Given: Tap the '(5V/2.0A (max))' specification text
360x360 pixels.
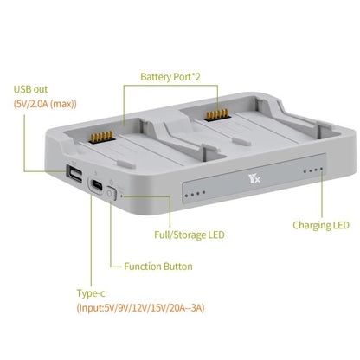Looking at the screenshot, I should coord(45,104).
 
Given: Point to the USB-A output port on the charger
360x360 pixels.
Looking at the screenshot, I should coord(74,176).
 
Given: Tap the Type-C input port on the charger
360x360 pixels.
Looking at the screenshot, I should coord(98,186).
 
